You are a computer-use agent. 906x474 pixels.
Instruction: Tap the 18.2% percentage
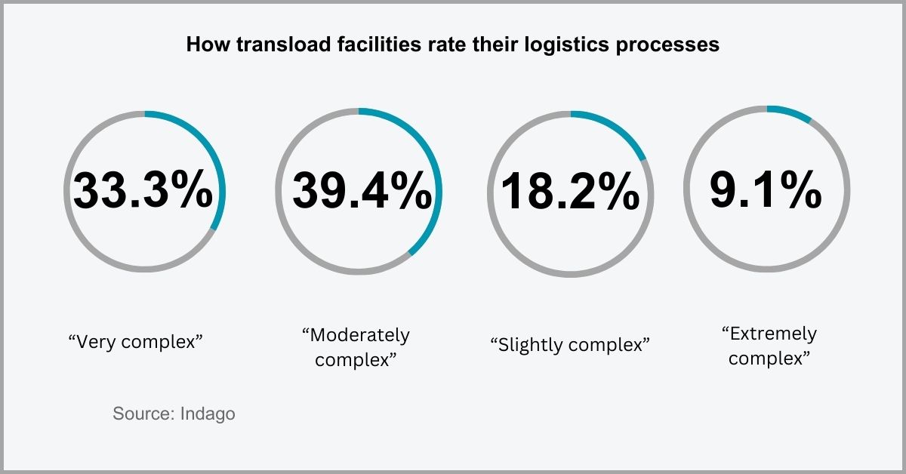(570, 191)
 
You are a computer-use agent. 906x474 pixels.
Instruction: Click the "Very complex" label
(137, 342)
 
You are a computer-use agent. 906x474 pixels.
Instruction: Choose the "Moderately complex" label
(356, 346)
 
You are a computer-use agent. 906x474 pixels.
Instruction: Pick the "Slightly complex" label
(570, 345)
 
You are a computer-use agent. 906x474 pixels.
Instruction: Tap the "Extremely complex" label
(769, 345)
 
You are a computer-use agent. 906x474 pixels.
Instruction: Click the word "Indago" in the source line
(208, 414)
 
